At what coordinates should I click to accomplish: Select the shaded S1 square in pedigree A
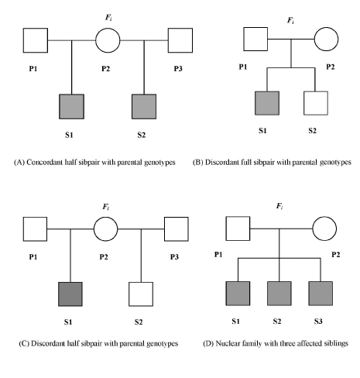(71, 107)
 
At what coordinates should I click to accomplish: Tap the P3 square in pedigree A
(180, 40)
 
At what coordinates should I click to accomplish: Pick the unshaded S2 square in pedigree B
(316, 103)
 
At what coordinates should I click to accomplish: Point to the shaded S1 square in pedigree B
(267, 103)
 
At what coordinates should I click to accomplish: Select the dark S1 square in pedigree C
(70, 294)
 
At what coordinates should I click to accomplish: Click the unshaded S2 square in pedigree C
(141, 294)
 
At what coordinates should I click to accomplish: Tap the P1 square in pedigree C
(35, 229)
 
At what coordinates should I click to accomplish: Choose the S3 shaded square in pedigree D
(321, 294)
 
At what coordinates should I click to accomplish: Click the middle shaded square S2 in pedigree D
(279, 294)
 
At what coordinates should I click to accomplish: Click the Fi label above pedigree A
(108, 18)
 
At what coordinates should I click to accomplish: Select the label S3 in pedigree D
(318, 321)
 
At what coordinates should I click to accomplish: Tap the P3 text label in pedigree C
(174, 257)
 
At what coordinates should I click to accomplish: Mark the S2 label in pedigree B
(312, 131)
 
